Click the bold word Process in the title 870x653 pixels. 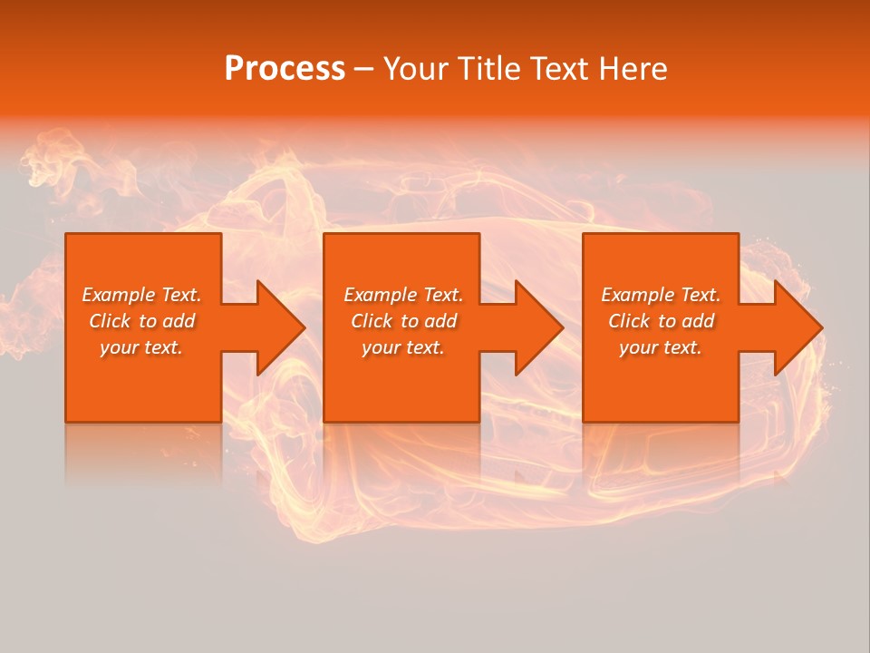(x=285, y=69)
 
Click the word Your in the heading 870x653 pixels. (x=416, y=69)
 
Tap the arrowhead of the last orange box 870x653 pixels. (x=797, y=327)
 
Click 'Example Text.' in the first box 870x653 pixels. (x=142, y=295)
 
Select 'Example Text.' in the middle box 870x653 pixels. (x=403, y=295)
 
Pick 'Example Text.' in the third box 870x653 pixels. (x=661, y=295)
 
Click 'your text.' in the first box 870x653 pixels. (x=141, y=347)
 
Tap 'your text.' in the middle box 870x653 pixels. (x=403, y=347)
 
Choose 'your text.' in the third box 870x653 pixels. (x=661, y=347)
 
